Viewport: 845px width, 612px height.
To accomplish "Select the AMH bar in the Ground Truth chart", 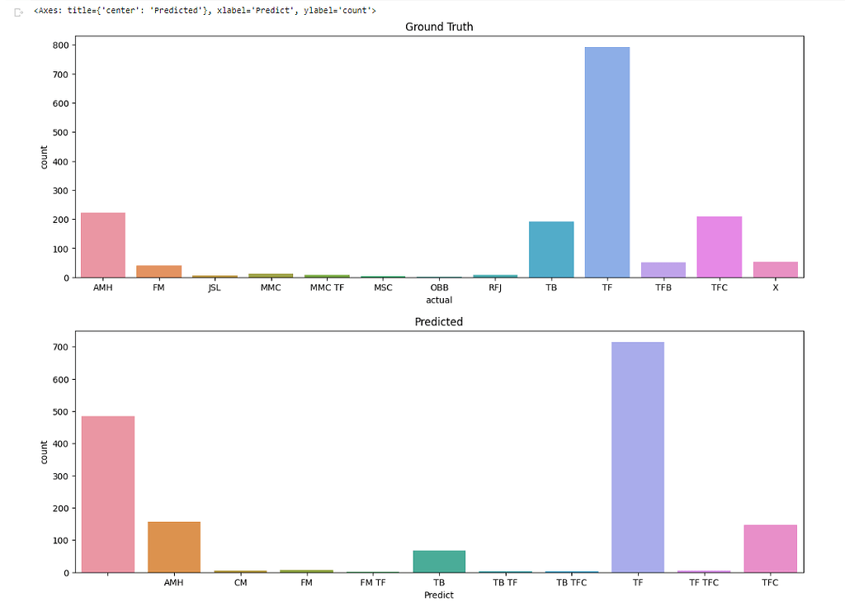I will point(103,245).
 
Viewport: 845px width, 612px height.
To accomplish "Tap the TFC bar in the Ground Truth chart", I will point(719,247).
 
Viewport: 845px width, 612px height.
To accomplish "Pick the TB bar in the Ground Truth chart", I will point(551,249).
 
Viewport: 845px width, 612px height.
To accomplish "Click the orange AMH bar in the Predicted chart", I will point(174,547).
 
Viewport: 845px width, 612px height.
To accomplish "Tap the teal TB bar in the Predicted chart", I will point(439,562).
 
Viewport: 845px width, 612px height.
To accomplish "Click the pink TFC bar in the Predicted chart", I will point(770,548).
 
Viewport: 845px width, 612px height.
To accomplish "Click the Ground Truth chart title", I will point(439,27).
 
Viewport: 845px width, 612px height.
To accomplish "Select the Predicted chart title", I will point(439,322).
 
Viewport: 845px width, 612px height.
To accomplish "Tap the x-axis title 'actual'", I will point(439,300).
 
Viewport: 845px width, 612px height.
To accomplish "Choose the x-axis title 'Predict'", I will point(439,595).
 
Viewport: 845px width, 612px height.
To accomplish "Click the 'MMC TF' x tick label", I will point(327,288).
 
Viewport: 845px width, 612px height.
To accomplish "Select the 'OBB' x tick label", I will point(439,288).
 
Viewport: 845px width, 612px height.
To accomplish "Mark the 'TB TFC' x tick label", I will point(571,583).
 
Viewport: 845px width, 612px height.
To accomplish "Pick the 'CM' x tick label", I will point(240,583).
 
